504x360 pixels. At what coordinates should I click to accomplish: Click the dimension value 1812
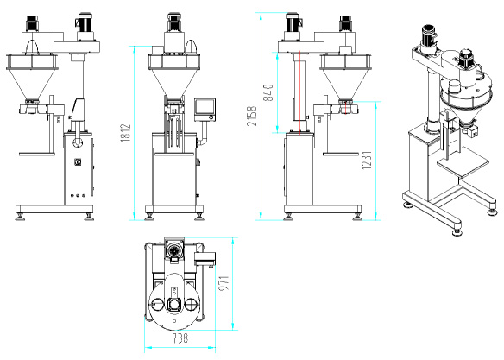click(x=126, y=132)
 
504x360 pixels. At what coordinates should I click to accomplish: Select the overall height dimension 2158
click(x=252, y=116)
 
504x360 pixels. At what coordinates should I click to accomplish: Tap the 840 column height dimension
click(x=268, y=92)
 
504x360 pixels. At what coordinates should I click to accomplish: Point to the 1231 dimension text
click(x=367, y=160)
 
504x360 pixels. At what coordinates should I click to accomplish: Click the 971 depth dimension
click(x=224, y=283)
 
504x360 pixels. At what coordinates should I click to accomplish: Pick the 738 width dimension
click(x=180, y=338)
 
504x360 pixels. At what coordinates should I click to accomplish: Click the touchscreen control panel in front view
click(x=205, y=110)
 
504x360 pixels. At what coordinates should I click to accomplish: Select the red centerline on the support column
click(x=299, y=92)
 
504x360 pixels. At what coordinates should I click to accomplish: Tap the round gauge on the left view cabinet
click(x=77, y=162)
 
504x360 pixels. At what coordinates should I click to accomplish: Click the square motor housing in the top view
click(x=174, y=249)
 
